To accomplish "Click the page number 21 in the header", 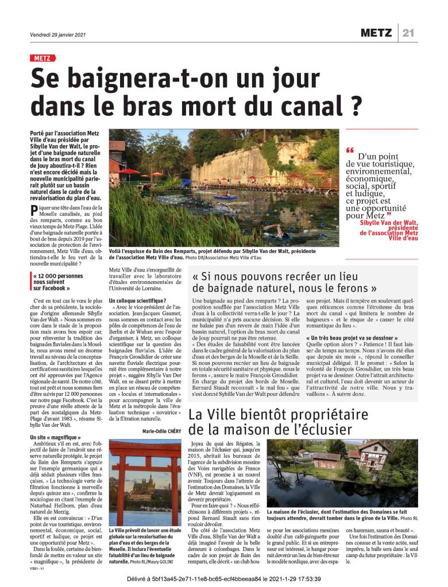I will pyautogui.click(x=408, y=33).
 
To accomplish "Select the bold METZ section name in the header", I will pyautogui.click(x=376, y=33).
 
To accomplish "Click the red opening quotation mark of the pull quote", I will pyautogui.click(x=350, y=150).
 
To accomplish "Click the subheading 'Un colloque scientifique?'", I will pyautogui.click(x=137, y=301).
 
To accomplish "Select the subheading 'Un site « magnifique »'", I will pyautogui.click(x=55, y=438).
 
